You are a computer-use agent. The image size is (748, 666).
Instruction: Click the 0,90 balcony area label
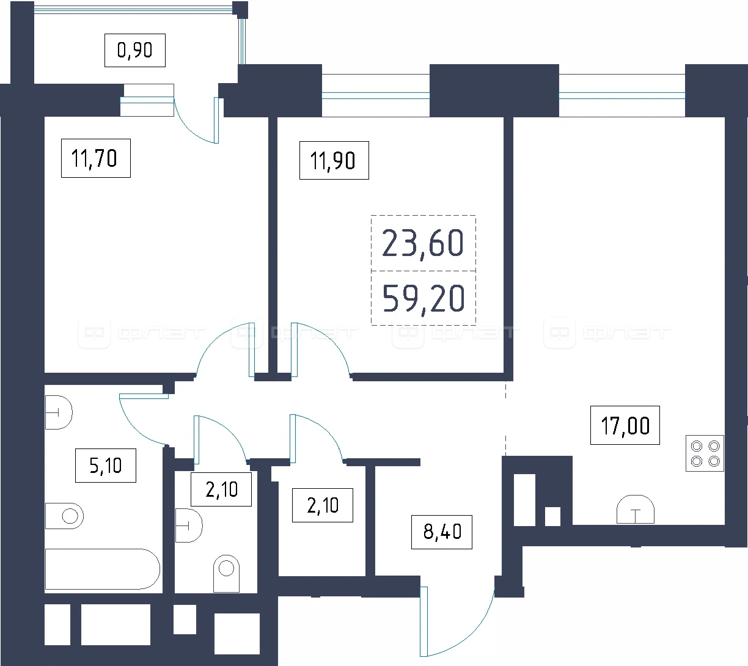point(135,50)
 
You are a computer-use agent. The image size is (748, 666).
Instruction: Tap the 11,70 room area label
point(95,158)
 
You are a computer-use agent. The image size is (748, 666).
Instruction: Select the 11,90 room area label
point(334,160)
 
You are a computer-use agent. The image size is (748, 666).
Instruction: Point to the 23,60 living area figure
point(423,243)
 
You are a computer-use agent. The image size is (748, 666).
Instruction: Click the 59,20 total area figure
point(423,298)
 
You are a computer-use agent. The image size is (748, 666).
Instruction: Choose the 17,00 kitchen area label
point(625,425)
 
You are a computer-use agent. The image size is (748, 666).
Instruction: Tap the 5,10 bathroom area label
point(106,466)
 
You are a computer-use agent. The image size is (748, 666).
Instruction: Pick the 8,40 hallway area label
point(442,532)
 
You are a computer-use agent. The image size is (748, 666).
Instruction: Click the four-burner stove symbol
point(705,453)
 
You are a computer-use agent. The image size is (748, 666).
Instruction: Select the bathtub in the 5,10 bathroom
point(103,569)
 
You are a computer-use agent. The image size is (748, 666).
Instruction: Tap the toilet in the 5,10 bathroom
point(65,516)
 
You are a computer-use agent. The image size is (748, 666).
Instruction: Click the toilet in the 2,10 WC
point(226,573)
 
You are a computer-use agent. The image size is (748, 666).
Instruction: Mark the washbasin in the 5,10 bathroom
point(59,412)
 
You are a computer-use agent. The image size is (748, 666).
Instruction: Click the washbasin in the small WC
point(189,525)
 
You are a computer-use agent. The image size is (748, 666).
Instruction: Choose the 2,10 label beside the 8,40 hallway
point(323,505)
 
